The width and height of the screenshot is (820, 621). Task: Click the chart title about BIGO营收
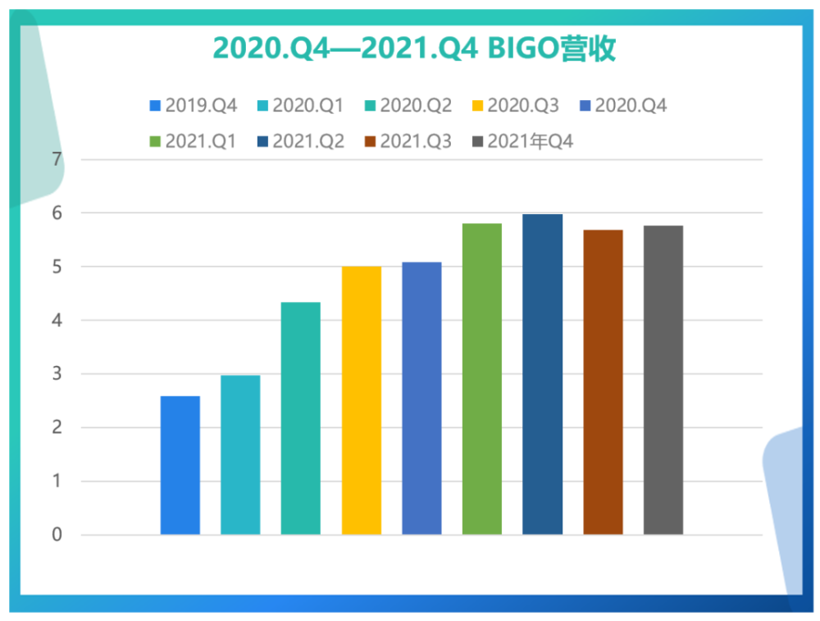pos(414,48)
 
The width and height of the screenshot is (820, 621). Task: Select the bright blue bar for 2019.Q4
pos(180,465)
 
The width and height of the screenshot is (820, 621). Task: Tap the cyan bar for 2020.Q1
pos(240,454)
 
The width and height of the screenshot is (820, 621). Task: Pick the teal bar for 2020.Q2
pos(301,418)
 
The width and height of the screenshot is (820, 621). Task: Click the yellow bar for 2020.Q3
pos(362,400)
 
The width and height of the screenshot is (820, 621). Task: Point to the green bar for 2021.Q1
pos(481,379)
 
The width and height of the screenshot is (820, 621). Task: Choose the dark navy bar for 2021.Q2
pos(542,374)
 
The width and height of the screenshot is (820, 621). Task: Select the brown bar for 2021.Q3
pos(603,382)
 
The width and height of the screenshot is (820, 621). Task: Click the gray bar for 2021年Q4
pos(663,380)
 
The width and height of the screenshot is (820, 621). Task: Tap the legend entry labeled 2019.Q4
pos(194,106)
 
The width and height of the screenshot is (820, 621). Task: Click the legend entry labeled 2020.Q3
pos(516,106)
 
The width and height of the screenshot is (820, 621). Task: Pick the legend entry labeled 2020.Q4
pos(623,106)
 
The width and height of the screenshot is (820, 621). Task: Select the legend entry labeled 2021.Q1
pos(193,141)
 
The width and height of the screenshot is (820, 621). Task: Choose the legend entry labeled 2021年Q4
pos(522,141)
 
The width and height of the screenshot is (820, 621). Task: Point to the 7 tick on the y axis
pos(57,159)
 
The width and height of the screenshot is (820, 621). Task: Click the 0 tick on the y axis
pos(57,534)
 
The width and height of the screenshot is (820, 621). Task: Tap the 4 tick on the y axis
pos(57,320)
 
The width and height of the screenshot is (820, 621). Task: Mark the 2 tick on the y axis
pos(57,427)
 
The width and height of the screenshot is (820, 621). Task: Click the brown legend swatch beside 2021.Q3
pos(371,141)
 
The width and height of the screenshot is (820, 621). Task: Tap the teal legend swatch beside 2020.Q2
pos(371,106)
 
